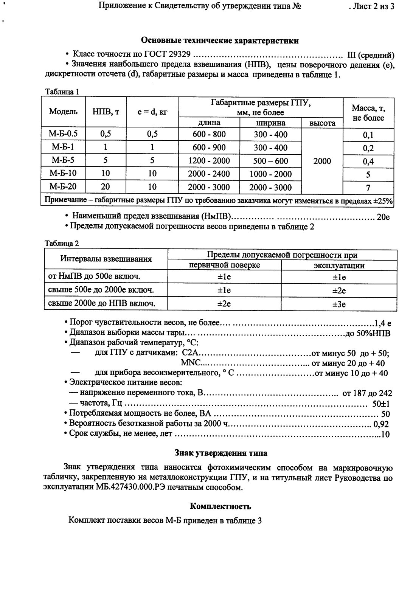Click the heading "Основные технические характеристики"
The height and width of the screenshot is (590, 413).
point(219,41)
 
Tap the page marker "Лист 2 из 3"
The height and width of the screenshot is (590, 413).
point(372,6)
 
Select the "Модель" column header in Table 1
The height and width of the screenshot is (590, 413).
point(63,112)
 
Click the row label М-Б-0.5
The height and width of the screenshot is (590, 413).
point(63,134)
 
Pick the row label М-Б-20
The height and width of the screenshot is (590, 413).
point(63,187)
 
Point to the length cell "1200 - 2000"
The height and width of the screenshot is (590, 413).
point(209,161)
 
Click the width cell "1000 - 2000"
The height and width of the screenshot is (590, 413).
point(270,174)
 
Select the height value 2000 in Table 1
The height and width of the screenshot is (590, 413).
point(322,161)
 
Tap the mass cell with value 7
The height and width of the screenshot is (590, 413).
point(368,188)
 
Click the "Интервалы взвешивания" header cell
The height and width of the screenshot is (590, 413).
point(106,259)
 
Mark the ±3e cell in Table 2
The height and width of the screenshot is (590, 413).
point(339,304)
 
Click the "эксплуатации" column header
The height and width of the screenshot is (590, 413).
point(339,265)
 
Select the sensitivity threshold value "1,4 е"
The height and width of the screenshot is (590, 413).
point(382,323)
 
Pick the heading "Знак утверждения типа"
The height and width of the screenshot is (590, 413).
point(220,453)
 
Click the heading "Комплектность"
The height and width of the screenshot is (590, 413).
point(220,506)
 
